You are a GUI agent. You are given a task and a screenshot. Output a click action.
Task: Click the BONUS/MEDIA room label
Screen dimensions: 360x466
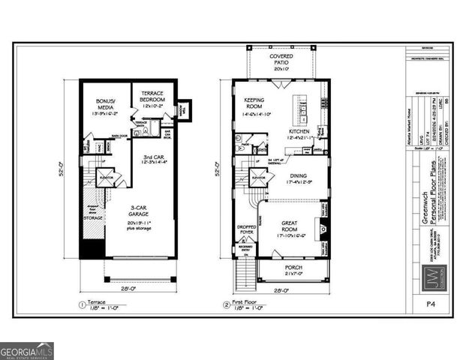104,101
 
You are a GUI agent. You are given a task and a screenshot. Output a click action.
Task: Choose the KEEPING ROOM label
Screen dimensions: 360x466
257,102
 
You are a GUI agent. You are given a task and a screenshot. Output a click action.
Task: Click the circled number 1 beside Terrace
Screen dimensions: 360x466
81,304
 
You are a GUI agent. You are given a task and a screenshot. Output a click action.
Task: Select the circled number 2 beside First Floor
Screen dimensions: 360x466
226,304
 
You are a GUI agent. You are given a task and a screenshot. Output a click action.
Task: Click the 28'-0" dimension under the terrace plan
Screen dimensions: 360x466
130,288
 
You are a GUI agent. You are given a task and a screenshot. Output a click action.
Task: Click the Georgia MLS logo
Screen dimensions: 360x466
27,351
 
